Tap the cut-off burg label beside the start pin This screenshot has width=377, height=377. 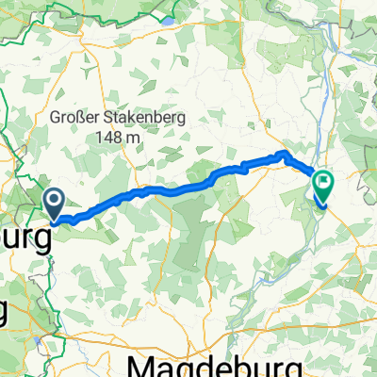pyautogui.click(x=26, y=238)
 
